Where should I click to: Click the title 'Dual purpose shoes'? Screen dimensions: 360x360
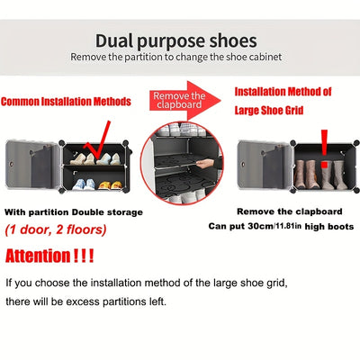180,40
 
